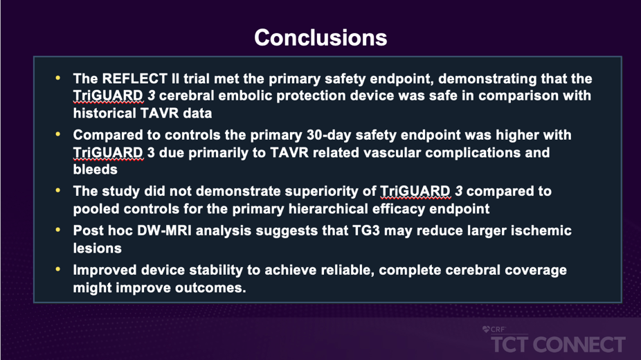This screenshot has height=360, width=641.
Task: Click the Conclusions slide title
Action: tap(320, 37)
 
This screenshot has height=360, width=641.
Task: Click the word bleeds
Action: tap(96, 169)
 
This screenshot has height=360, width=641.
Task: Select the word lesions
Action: tap(98, 248)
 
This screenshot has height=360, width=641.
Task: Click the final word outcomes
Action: tap(210, 288)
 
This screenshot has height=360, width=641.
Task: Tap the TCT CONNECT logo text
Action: tap(558, 345)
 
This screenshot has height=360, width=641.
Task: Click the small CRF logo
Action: tap(494, 330)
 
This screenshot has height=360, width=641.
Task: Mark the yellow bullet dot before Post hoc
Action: tap(58, 230)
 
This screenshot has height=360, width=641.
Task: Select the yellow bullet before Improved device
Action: tap(58, 269)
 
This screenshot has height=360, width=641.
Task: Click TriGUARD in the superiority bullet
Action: tap(415, 191)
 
